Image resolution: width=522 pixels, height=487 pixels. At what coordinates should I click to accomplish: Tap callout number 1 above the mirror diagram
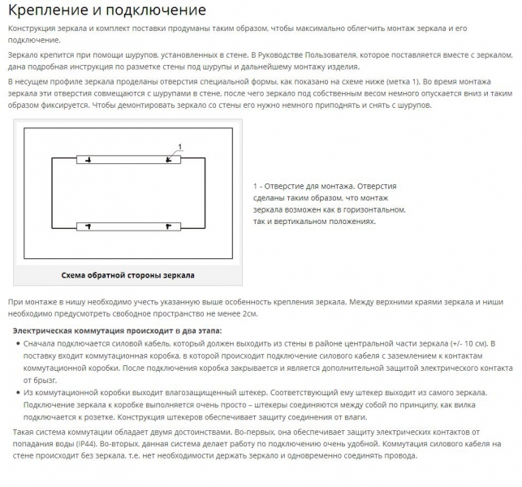180,146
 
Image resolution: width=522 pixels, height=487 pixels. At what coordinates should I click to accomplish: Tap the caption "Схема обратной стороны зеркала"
128,274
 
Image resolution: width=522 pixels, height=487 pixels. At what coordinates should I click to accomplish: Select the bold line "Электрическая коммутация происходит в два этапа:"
116,330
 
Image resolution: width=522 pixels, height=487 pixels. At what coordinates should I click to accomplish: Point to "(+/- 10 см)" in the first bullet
465,343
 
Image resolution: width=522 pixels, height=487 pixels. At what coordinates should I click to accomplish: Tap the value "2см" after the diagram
248,312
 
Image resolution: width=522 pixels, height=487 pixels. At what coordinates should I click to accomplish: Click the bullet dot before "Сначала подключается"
17,343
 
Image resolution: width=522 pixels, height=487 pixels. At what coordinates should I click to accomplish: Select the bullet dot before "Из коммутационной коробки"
17,393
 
